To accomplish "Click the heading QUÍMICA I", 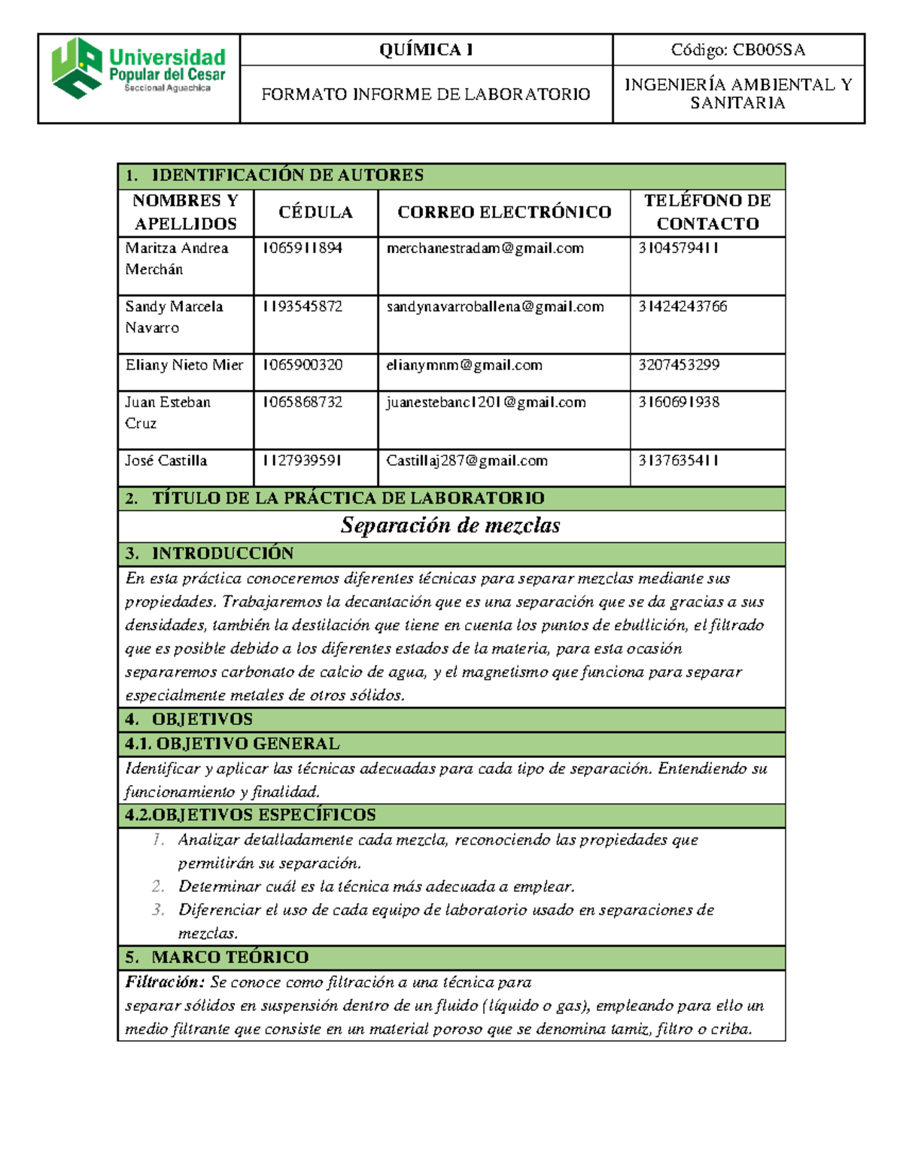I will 426,50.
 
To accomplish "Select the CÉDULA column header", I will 315,212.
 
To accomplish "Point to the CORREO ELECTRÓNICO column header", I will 504,212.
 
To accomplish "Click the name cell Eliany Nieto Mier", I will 184,365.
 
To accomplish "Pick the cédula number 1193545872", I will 303,306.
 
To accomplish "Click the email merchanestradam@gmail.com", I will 485,248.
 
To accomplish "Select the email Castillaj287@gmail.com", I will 467,461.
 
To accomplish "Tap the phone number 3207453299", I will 679,365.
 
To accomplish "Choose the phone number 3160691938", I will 679,402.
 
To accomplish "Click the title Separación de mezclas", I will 450,525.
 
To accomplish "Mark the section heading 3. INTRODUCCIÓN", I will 210,554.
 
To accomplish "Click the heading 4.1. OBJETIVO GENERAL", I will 233,744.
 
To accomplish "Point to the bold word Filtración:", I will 165,982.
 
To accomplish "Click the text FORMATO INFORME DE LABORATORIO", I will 426,94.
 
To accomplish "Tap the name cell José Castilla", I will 166,461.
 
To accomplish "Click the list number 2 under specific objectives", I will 157,887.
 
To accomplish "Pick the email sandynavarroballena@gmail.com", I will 495,306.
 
